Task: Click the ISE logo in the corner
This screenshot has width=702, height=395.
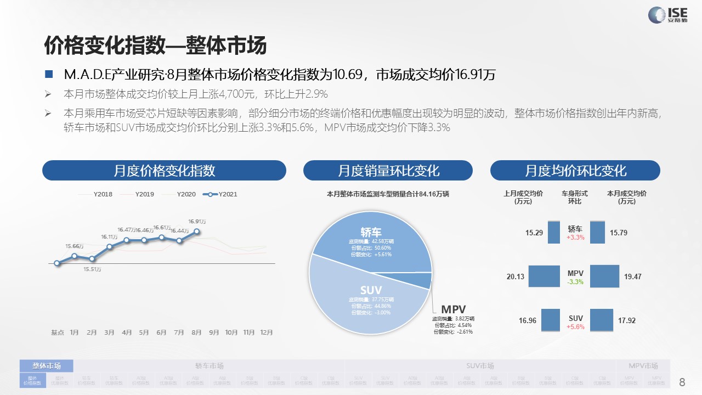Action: click(x=666, y=15)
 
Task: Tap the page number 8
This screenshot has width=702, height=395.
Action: click(x=682, y=382)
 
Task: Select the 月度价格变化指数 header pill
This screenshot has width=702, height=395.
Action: click(x=164, y=170)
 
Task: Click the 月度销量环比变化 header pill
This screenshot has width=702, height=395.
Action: click(x=388, y=170)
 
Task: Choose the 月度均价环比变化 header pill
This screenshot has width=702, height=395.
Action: click(x=575, y=170)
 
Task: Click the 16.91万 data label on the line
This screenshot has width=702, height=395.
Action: click(x=197, y=222)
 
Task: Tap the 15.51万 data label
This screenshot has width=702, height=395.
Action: click(x=92, y=269)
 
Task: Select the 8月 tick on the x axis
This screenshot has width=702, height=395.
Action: click(x=197, y=332)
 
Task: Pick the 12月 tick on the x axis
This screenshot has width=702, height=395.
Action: click(x=267, y=332)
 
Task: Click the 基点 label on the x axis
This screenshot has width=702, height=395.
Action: click(x=58, y=332)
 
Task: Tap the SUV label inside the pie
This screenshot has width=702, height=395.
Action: click(x=371, y=290)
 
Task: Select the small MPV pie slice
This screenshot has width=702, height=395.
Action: click(x=423, y=280)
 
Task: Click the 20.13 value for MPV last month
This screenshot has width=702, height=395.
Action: click(x=516, y=277)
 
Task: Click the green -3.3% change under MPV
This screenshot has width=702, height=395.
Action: click(x=575, y=282)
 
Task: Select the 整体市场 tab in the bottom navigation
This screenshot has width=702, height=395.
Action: click(x=47, y=366)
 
